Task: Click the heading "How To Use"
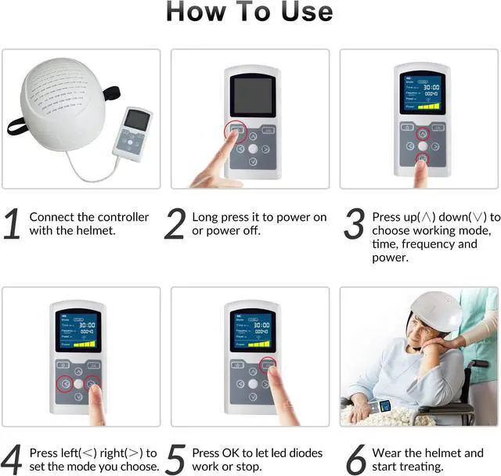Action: (249, 13)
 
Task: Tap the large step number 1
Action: (13, 224)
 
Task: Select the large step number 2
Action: (175, 224)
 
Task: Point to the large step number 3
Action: (355, 224)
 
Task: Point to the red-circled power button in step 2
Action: (234, 131)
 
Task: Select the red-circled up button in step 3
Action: (422, 133)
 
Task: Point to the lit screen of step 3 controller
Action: (422, 95)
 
